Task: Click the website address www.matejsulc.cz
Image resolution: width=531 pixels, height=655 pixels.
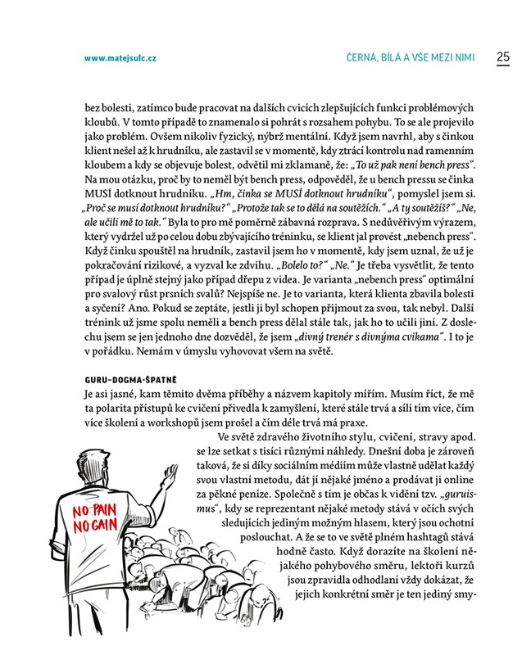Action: tap(120, 59)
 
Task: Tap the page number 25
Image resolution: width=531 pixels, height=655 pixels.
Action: tap(502, 57)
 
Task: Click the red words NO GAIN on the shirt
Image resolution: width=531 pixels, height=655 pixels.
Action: tap(93, 526)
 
